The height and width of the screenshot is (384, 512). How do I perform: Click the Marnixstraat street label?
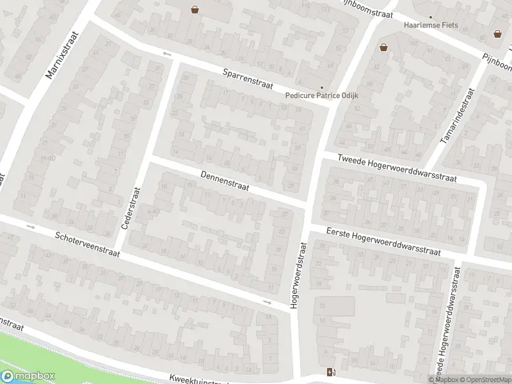(61, 55)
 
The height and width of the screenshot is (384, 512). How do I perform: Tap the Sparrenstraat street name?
(248, 79)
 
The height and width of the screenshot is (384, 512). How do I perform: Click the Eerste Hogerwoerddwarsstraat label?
(383, 241)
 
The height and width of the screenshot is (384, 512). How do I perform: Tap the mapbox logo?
(28, 376)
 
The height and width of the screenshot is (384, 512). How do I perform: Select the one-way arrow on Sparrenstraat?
(168, 54)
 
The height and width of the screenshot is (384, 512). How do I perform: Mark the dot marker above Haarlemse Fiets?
(430, 17)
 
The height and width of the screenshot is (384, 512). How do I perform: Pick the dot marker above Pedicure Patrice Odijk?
(322, 88)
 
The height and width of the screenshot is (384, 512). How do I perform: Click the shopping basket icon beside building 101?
(383, 47)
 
